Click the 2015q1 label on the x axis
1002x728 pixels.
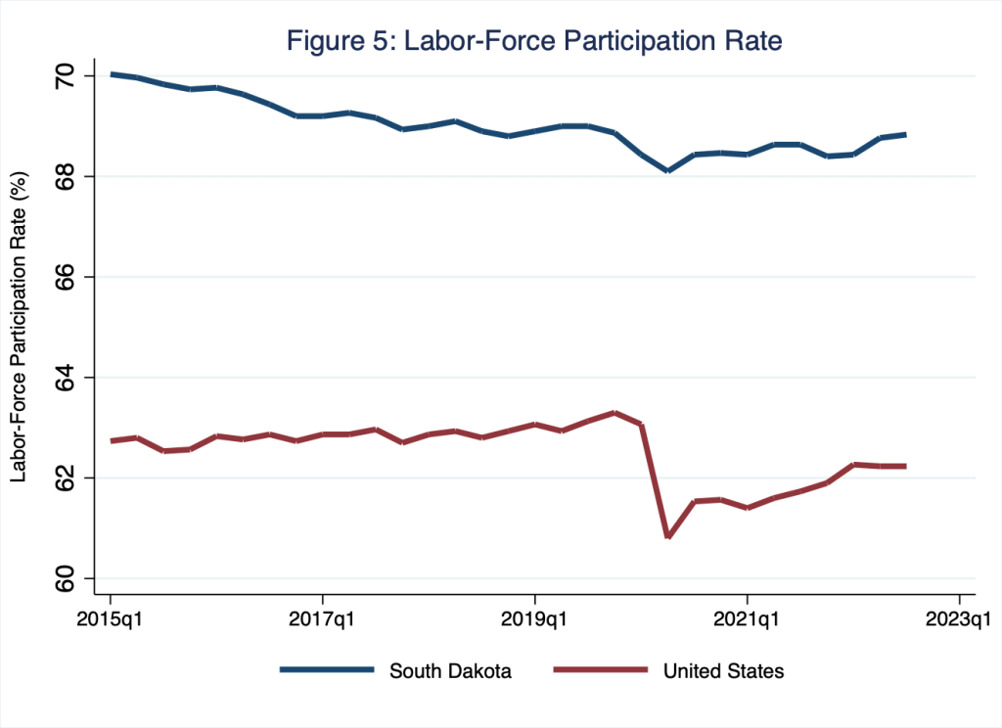pyautogui.click(x=111, y=619)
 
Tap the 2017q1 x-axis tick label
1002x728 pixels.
pyautogui.click(x=323, y=619)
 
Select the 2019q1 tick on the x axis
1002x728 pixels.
pyautogui.click(x=535, y=619)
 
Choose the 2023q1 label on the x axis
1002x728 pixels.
pyautogui.click(x=959, y=619)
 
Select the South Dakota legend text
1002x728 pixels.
pyautogui.click(x=450, y=671)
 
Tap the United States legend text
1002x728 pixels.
pyautogui.click(x=723, y=671)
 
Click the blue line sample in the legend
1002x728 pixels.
pyautogui.click(x=327, y=670)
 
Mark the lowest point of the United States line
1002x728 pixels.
pyautogui.click(x=667, y=536)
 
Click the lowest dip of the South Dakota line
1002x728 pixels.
pyautogui.click(x=667, y=170)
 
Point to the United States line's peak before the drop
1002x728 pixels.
pyautogui.click(x=615, y=412)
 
